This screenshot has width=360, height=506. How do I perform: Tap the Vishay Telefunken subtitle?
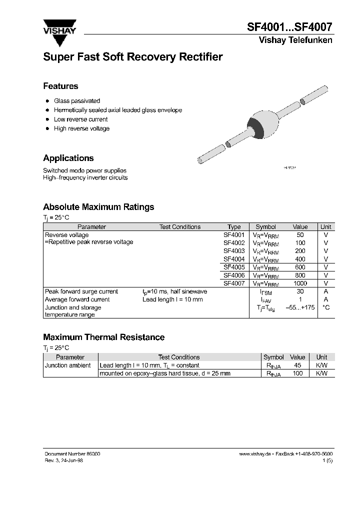(x=295, y=40)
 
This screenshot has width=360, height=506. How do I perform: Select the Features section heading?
(x=60, y=86)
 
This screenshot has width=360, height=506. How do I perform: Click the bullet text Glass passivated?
(x=77, y=101)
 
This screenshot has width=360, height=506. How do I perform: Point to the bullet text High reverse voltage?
(x=81, y=128)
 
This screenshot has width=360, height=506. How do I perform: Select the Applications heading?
(x=68, y=158)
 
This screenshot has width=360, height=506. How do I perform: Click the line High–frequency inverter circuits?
(x=85, y=177)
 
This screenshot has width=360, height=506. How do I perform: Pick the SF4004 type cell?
(x=234, y=259)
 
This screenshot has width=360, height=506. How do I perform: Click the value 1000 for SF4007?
(x=300, y=283)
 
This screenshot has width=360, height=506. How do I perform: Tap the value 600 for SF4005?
(x=300, y=267)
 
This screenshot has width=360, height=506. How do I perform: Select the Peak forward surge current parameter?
(x=81, y=291)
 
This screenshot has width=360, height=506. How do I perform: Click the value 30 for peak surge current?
(x=300, y=291)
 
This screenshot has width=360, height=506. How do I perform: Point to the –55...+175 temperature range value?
(x=300, y=307)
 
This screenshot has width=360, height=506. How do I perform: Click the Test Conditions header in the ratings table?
(x=180, y=227)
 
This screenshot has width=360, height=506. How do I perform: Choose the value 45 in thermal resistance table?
(x=297, y=365)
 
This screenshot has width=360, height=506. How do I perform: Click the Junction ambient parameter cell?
(x=68, y=365)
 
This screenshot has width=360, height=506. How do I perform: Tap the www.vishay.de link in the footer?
(x=254, y=453)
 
